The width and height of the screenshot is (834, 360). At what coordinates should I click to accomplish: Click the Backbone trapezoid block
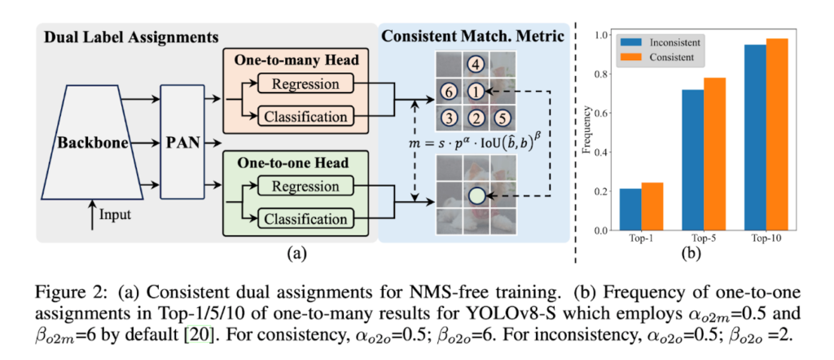[91, 144]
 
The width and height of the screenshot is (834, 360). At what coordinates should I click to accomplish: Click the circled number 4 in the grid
[476, 64]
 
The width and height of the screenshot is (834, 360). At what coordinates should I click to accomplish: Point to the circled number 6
[447, 92]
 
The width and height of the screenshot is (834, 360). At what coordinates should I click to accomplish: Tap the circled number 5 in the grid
[504, 119]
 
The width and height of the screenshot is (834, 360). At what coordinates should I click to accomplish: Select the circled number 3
[447, 119]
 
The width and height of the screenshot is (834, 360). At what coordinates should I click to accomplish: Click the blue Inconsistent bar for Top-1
[630, 209]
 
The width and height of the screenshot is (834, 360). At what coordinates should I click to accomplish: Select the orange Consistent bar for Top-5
[714, 154]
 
